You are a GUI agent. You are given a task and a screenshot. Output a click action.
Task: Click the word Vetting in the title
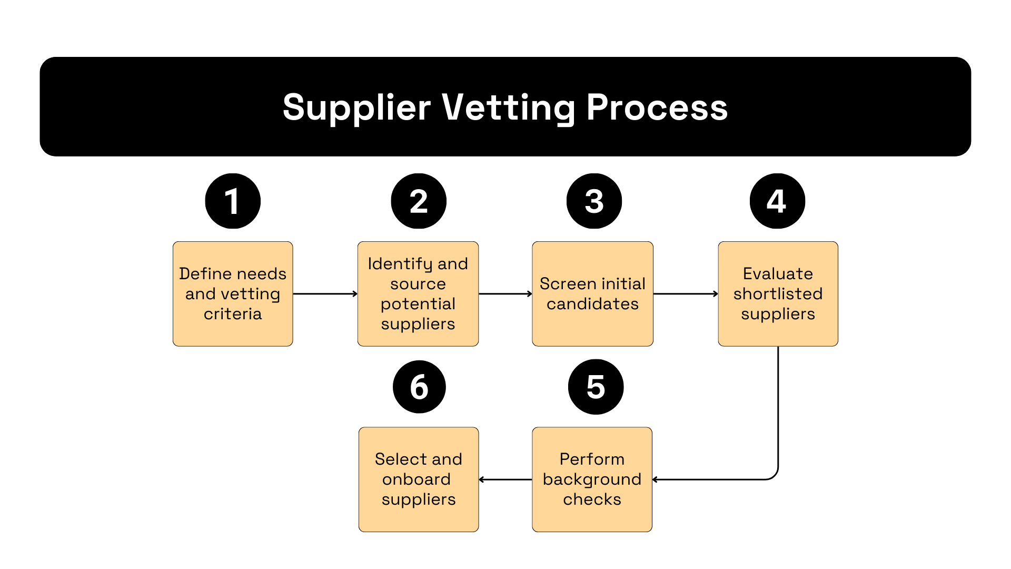pos(508,107)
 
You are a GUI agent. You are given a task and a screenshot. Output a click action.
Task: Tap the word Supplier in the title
pos(356,107)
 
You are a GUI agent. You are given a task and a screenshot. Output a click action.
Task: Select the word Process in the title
pos(657,107)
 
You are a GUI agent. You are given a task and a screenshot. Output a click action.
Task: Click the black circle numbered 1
pos(233,201)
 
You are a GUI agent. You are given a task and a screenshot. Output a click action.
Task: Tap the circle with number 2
pos(419,201)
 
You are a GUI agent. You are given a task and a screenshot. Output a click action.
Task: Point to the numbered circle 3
pos(594,201)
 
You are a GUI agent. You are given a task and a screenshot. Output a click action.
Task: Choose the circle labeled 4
pos(777,201)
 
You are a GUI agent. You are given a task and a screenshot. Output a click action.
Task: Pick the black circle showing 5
pos(596,387)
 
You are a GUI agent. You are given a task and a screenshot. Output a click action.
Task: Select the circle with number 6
pos(419,387)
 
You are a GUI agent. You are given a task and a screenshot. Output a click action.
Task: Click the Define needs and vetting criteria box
pos(233,293)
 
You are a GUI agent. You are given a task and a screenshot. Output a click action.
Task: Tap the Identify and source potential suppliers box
pos(418,293)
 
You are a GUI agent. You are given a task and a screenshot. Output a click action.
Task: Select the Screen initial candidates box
pos(592,293)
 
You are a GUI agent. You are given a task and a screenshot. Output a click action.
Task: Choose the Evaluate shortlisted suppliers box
pos(778,293)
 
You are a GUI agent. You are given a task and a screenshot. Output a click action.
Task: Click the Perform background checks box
pos(592,479)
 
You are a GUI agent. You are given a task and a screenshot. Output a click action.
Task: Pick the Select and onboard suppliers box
pos(419,479)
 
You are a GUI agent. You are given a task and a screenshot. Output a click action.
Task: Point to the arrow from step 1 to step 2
pos(325,294)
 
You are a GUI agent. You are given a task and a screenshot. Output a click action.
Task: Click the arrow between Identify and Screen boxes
pos(505,294)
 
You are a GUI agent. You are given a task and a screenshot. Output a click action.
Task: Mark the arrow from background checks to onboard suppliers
pos(506,479)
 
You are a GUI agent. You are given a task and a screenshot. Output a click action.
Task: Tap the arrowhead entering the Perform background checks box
pos(656,479)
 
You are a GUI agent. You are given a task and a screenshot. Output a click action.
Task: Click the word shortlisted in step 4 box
pos(778,294)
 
